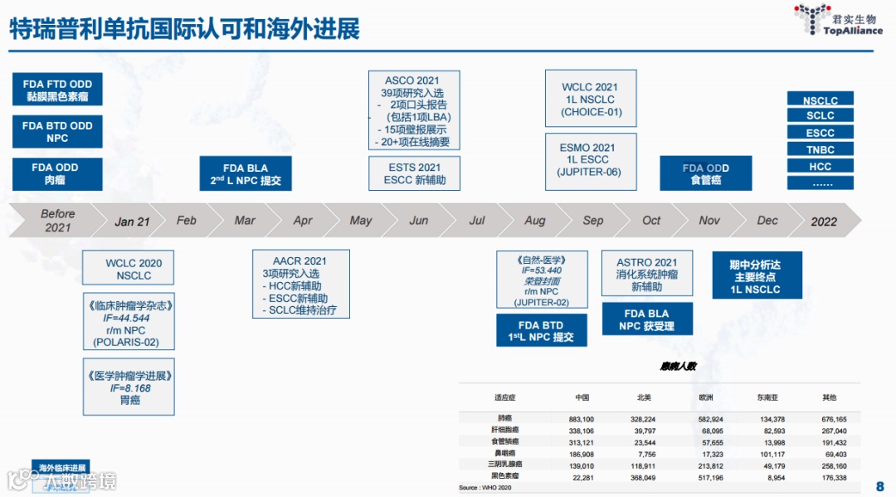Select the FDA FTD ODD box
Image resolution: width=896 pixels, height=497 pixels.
click(x=57, y=90)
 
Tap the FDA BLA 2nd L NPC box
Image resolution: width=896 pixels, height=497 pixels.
click(x=246, y=173)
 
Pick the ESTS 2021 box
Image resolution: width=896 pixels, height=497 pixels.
click(x=414, y=173)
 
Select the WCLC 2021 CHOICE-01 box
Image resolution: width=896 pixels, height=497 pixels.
click(x=591, y=99)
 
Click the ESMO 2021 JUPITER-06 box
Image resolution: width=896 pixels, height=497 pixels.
click(x=591, y=160)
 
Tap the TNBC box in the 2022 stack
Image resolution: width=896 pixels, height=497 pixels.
click(x=820, y=150)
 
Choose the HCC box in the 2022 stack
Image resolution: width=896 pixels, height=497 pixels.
click(x=820, y=167)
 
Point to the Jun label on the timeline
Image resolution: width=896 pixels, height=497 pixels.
click(x=419, y=221)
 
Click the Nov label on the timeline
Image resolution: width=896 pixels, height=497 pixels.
click(x=709, y=221)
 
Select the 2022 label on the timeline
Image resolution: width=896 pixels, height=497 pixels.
click(x=824, y=222)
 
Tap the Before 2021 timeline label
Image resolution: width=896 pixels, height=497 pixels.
click(x=58, y=221)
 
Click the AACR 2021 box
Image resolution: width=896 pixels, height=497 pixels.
click(x=299, y=285)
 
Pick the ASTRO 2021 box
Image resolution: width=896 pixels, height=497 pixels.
click(x=647, y=274)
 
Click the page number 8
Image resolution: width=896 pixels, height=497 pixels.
click(x=879, y=486)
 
